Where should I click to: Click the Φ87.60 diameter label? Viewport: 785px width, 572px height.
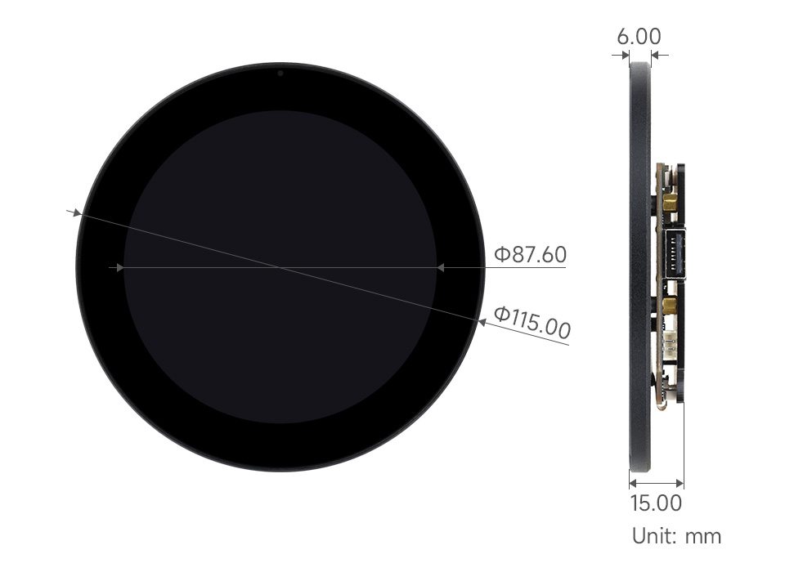pos(530,254)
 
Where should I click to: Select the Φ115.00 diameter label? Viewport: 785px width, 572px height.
pos(532,322)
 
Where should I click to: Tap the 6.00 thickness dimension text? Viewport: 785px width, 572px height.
pos(639,36)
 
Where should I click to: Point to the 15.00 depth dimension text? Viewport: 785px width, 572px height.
pos(655,503)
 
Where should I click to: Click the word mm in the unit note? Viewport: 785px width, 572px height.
pos(703,536)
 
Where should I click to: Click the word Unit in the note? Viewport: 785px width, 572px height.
pos(653,536)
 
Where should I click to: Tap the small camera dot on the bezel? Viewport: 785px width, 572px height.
pos(280,72)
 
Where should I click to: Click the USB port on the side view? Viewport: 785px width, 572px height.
pos(675,255)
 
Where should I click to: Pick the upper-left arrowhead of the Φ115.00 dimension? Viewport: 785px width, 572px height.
pos(77,213)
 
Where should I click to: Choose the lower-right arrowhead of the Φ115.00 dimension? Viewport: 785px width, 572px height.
pos(482,322)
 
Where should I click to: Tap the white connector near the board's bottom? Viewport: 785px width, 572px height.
pos(669,343)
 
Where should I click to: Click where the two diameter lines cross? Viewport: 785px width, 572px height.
pos(280,267)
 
